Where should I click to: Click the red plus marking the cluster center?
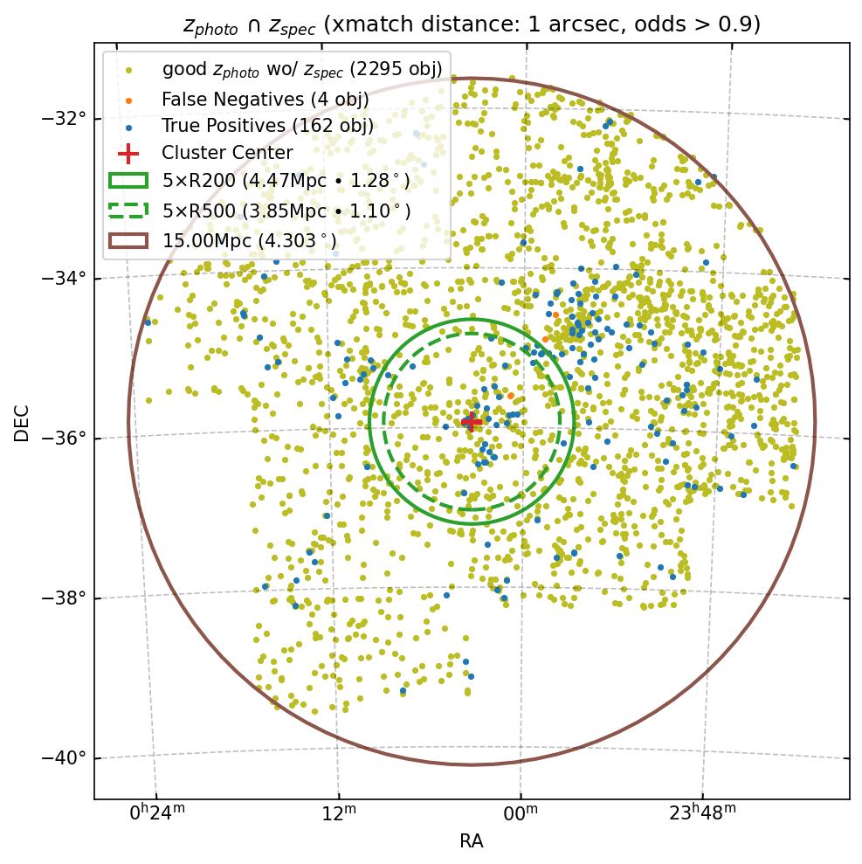click(x=472, y=422)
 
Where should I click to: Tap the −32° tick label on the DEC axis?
click(x=65, y=119)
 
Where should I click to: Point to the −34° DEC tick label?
click(x=65, y=279)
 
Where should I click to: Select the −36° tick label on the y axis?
click(x=65, y=439)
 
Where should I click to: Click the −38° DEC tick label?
click(x=65, y=598)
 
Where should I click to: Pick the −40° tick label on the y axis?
click(x=65, y=758)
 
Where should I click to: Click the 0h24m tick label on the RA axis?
click(x=157, y=813)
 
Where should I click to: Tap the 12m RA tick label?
click(x=338, y=813)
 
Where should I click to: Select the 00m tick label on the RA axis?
click(x=521, y=813)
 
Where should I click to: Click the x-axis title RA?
click(x=472, y=842)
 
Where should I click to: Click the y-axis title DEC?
click(x=22, y=422)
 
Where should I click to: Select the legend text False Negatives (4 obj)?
click(x=265, y=100)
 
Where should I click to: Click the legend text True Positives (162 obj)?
click(x=267, y=127)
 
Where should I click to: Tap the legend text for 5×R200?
click(x=286, y=182)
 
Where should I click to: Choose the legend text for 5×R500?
click(x=286, y=211)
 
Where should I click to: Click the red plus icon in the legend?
click(x=128, y=154)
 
